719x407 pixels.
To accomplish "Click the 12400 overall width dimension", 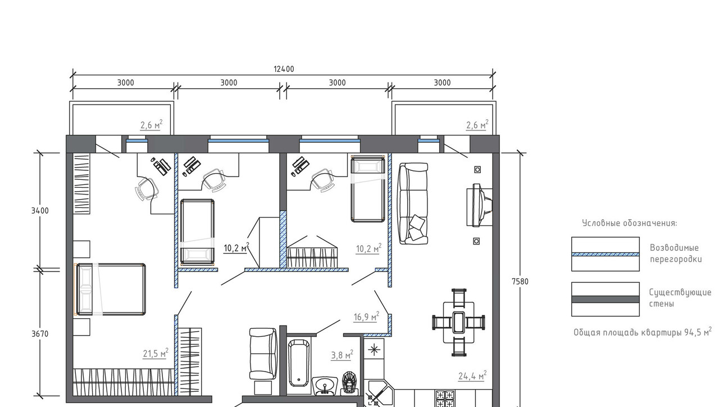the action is click(284, 69).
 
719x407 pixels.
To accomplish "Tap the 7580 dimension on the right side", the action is click(520, 282).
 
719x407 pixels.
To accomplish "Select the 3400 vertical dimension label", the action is click(40, 211).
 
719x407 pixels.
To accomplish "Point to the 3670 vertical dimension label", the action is click(40, 334).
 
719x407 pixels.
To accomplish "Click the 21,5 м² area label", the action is click(156, 353).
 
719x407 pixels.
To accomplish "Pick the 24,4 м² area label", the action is click(472, 375).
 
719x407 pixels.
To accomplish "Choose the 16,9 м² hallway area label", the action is click(366, 316).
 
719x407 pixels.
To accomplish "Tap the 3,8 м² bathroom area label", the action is click(342, 355).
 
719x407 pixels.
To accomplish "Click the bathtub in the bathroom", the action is click(298, 363).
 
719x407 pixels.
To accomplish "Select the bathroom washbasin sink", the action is click(325, 385).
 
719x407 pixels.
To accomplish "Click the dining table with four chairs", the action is click(459, 322).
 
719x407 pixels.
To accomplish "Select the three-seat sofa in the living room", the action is click(413, 203).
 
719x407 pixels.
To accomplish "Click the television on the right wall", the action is click(480, 205).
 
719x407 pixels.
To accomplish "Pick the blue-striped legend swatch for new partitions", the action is click(606, 254).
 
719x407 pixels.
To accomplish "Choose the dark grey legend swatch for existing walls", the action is click(606, 300).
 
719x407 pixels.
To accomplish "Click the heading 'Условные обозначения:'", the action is click(630, 223).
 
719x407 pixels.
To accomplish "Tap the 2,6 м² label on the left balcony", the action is click(152, 124).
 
